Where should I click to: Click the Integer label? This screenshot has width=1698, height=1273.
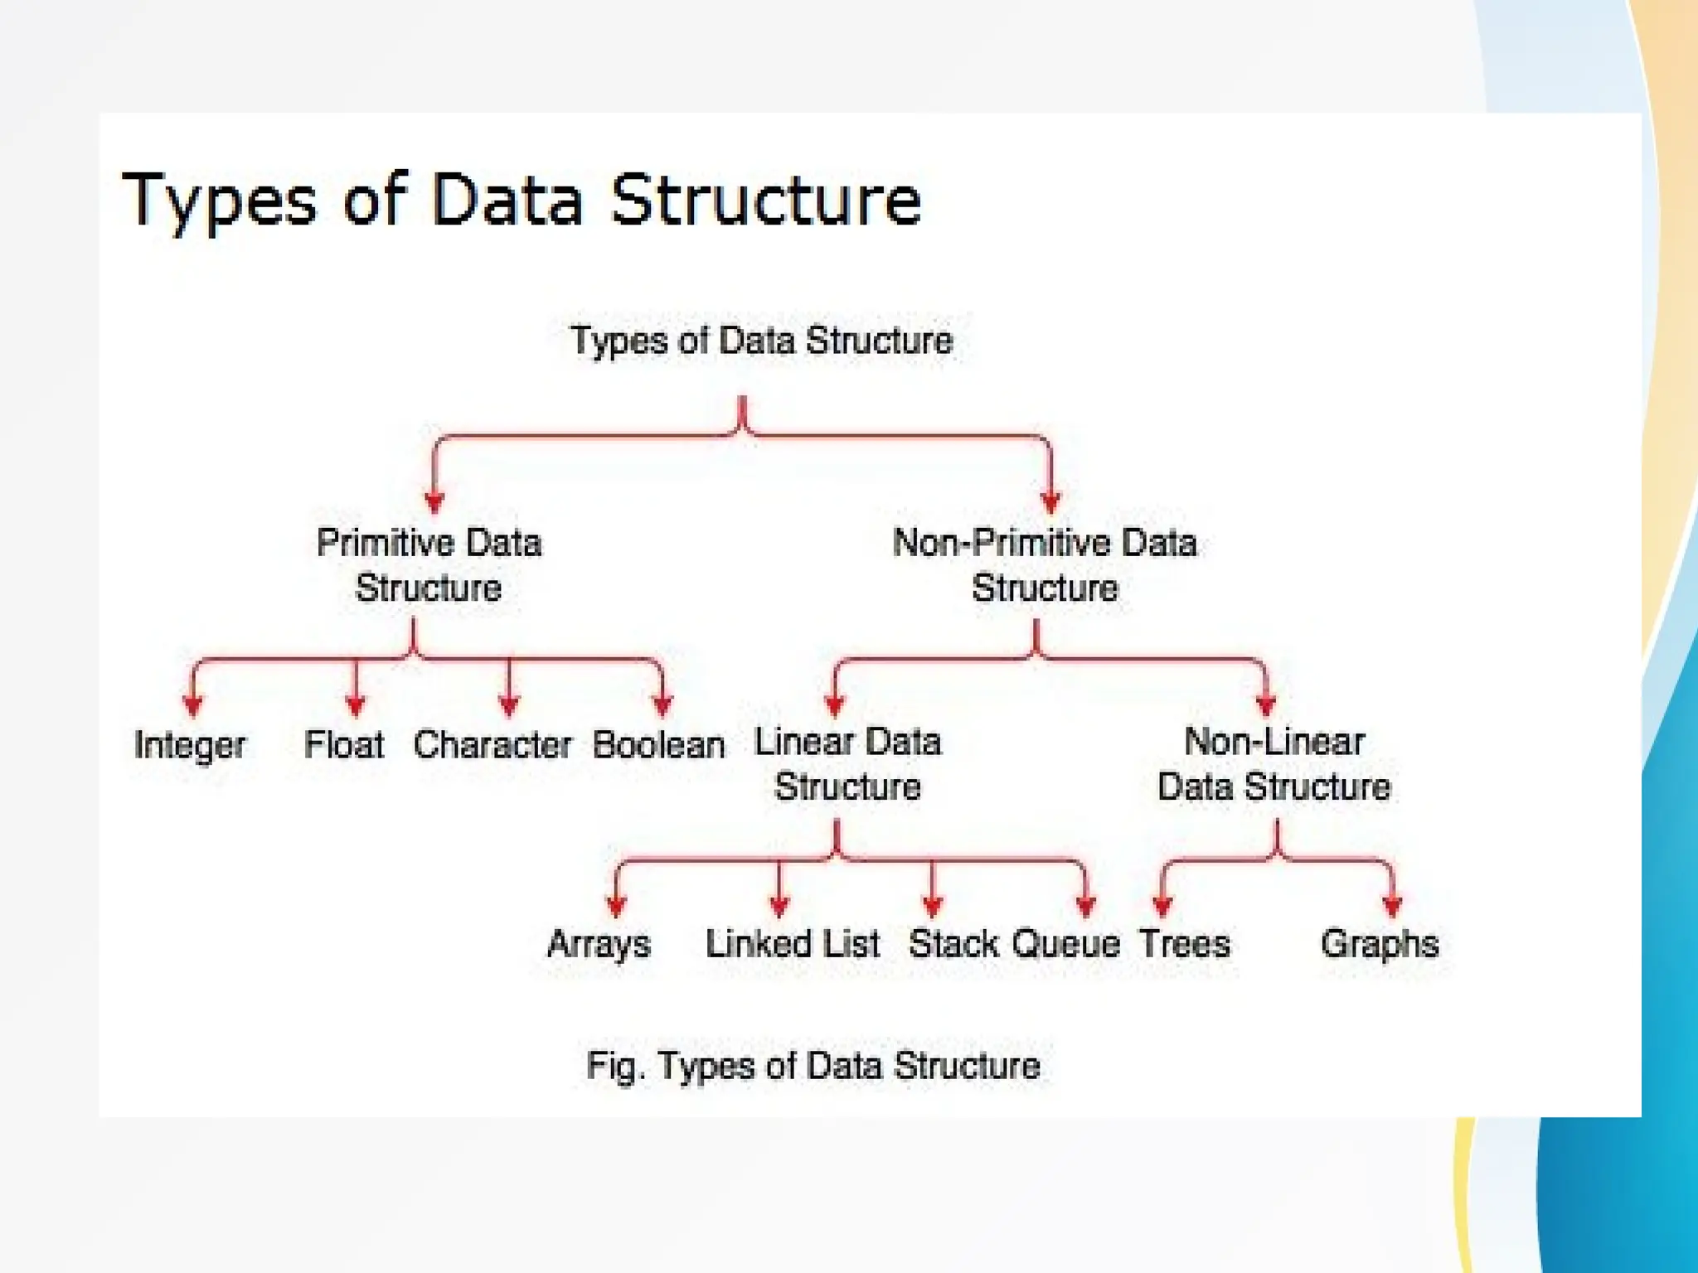coord(190,745)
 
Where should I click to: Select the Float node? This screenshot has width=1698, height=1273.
coord(344,744)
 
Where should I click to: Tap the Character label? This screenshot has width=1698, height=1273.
coord(492,744)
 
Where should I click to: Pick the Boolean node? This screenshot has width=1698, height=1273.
coord(658,744)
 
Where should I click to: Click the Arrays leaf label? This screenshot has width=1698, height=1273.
coord(599,944)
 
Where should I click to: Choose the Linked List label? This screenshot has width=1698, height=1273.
coord(792,944)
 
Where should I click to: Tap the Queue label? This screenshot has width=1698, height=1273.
coord(1066,944)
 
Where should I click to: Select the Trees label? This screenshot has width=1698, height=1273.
coord(1184,944)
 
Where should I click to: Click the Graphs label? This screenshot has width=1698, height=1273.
coord(1380,944)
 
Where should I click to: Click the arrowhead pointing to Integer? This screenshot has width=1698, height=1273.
coord(193,705)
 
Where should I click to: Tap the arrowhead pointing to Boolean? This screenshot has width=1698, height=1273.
coord(662,705)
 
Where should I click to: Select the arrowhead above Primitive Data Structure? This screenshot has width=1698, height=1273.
coord(434,501)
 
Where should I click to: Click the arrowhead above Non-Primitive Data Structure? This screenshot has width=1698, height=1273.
coord(1050,501)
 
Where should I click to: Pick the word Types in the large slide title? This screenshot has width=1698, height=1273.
coord(220,201)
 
